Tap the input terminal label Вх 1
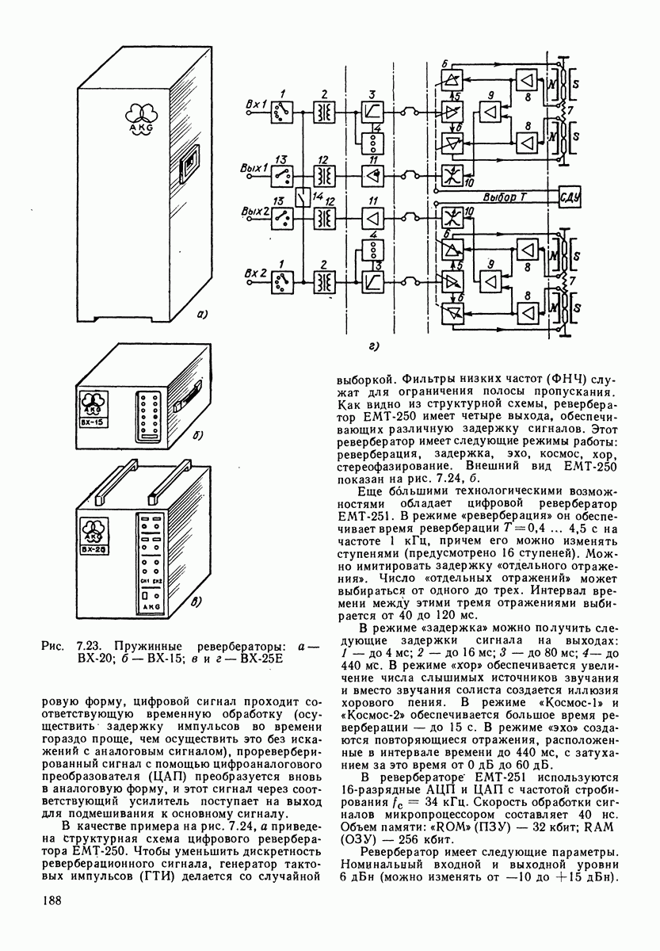coord(257,105)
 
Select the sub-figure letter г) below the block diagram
coord(373,346)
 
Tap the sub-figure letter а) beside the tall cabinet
coord(200,316)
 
